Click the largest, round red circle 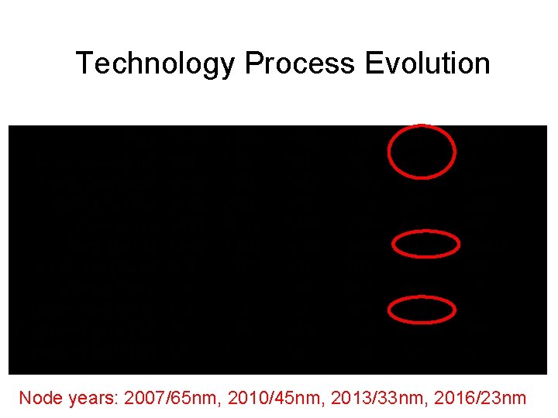pos(421,151)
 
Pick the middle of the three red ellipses pos(425,245)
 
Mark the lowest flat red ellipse pos(422,310)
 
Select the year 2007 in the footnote pos(145,399)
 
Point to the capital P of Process pos(252,63)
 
